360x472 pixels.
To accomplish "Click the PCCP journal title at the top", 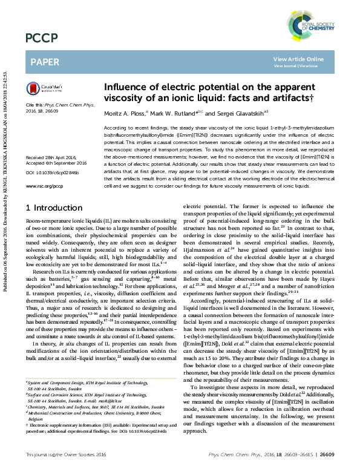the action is coord(41,38).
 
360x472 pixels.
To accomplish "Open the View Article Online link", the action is coord(298,59).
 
